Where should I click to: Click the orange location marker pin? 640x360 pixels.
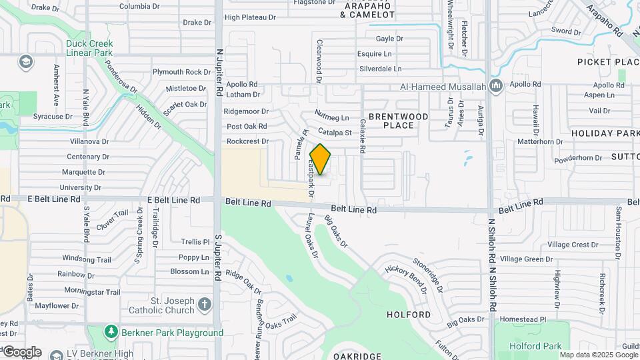pyautogui.click(x=321, y=159)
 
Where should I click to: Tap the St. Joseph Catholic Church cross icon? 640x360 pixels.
pyautogui.click(x=204, y=305)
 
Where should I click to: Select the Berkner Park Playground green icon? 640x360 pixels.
pyautogui.click(x=111, y=332)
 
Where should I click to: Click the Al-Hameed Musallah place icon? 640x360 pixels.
pyautogui.click(x=495, y=86)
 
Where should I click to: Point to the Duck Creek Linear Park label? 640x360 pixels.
pyautogui.click(x=89, y=48)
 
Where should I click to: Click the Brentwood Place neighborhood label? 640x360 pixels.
pyautogui.click(x=399, y=121)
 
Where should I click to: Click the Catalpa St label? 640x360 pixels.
pyautogui.click(x=335, y=132)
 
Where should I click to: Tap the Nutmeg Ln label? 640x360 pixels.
pyautogui.click(x=331, y=117)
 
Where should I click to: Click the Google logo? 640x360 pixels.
pyautogui.click(x=22, y=351)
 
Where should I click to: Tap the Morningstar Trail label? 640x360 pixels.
pyautogui.click(x=93, y=291)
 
